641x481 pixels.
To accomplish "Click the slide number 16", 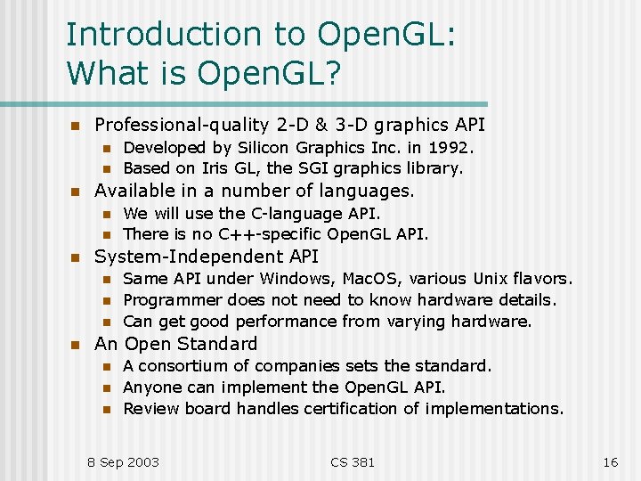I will [x=610, y=461].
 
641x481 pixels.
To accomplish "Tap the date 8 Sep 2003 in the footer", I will [x=123, y=461].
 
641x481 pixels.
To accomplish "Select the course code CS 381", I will [x=353, y=461].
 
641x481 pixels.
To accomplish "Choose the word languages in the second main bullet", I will [x=369, y=191].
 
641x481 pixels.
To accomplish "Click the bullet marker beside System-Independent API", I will [x=76, y=258].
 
